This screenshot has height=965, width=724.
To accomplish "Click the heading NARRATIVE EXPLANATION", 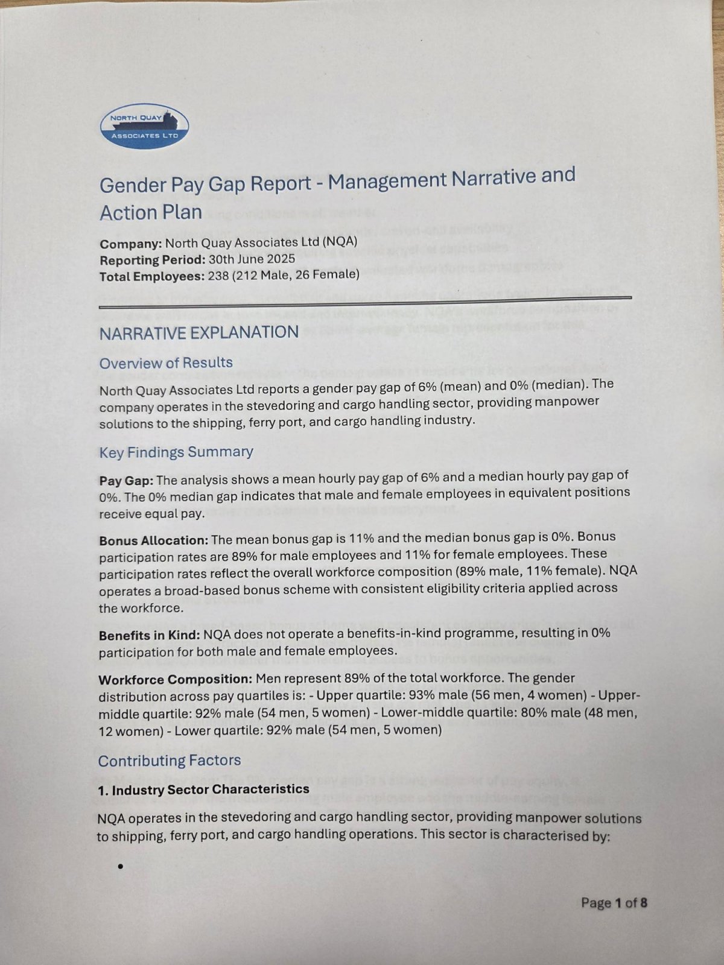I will click(x=199, y=333).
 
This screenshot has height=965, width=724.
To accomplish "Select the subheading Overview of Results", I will click(x=166, y=363).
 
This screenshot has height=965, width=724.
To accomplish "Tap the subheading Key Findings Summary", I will click(x=176, y=452).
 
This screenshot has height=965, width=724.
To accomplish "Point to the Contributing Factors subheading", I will click(x=170, y=761).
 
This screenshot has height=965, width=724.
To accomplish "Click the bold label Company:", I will click(x=130, y=244).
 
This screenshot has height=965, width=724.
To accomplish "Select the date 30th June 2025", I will click(x=252, y=259).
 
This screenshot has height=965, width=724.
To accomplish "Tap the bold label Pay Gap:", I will click(x=126, y=481).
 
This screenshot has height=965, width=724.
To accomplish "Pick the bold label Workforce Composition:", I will click(x=175, y=680).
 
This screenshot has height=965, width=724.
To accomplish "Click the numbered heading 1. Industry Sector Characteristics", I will click(x=203, y=789).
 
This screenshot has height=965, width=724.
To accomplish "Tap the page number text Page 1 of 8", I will click(x=614, y=903).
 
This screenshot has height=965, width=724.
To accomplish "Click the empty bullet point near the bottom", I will click(x=121, y=867).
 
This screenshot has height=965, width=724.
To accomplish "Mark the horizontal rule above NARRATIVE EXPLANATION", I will click(x=365, y=303).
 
